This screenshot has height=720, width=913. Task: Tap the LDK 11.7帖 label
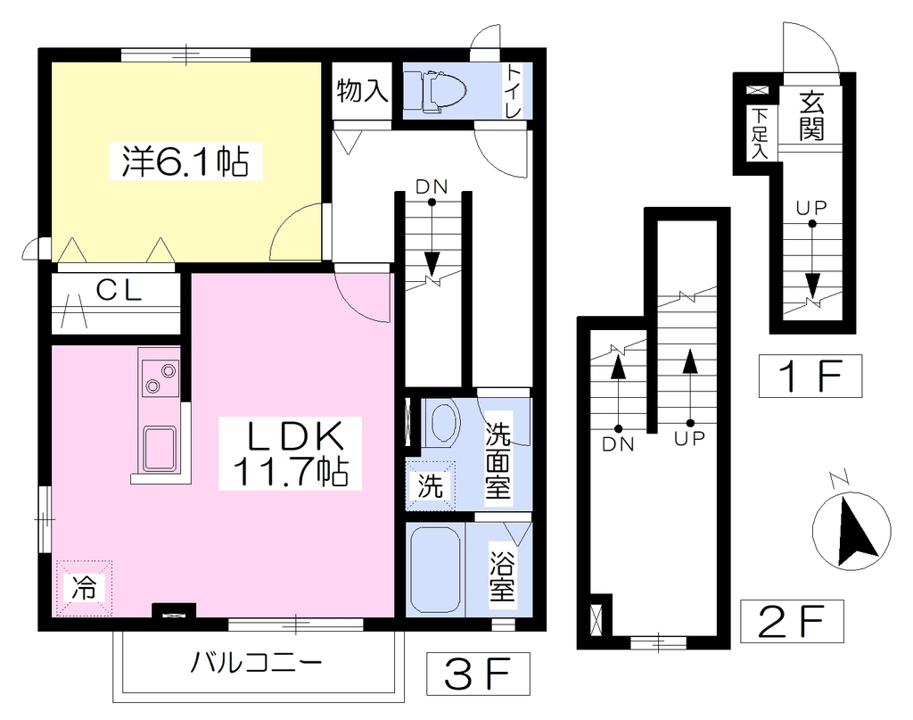[290, 453]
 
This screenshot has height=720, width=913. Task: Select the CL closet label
[119, 290]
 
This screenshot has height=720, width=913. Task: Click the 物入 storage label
[362, 91]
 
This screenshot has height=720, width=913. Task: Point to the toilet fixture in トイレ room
[436, 91]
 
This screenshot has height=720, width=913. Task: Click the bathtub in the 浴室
[435, 570]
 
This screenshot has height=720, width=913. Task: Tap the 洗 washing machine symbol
[431, 486]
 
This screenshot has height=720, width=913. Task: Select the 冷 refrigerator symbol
[84, 588]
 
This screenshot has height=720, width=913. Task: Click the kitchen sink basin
[160, 449]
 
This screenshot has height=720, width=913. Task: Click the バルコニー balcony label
[256, 663]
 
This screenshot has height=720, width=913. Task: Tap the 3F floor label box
[478, 673]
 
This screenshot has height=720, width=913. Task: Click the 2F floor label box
[792, 621]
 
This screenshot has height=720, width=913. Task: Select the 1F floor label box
[810, 376]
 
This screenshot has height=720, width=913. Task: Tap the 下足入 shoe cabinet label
[760, 135]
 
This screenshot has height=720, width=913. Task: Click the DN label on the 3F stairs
[432, 187]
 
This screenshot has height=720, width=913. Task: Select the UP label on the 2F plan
[690, 437]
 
